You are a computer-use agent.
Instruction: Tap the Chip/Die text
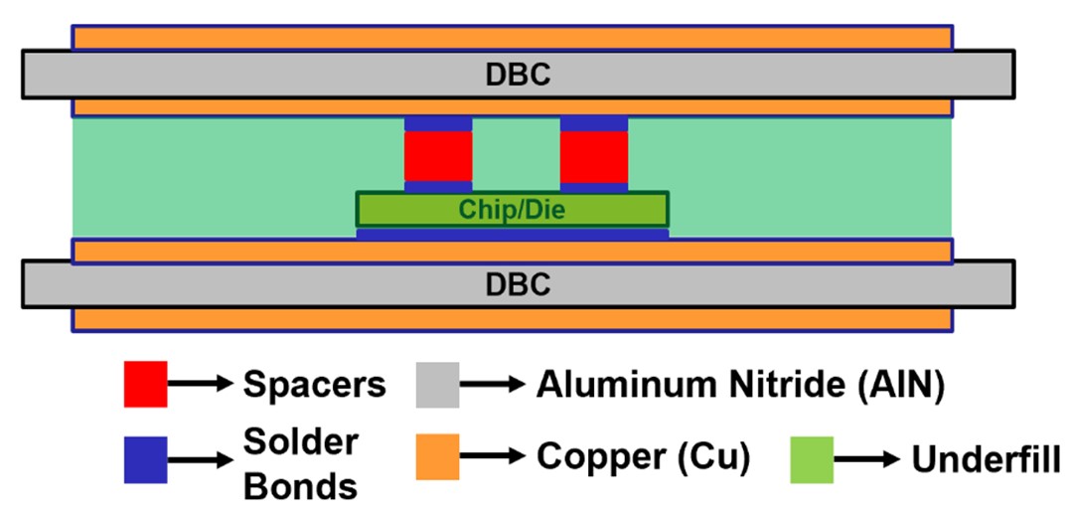(512, 210)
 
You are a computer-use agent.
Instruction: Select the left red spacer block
(438, 156)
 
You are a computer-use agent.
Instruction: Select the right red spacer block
(594, 156)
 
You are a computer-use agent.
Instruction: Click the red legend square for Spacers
(145, 384)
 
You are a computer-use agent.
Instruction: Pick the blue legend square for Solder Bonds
(145, 459)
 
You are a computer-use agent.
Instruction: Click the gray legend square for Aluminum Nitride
(437, 384)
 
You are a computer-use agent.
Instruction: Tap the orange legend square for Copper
(437, 457)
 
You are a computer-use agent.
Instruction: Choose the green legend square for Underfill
(812, 458)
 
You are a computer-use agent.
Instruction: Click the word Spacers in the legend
(314, 385)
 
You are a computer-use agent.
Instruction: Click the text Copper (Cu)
(643, 457)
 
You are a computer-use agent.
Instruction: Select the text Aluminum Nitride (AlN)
(738, 385)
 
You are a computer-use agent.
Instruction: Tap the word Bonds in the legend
(300, 486)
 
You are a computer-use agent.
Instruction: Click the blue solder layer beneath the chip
(512, 235)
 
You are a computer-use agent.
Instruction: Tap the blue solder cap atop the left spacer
(438, 124)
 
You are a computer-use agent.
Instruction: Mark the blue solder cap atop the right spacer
(594, 124)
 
